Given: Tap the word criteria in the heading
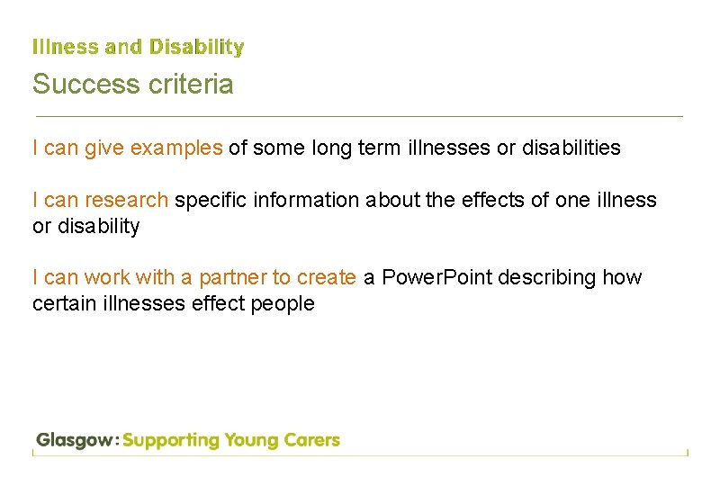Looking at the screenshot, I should pyautogui.click(x=188, y=85).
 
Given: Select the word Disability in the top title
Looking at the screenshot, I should pyautogui.click(x=197, y=47).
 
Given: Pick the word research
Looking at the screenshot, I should pyautogui.click(x=126, y=200).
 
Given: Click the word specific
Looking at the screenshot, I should pyautogui.click(x=211, y=200).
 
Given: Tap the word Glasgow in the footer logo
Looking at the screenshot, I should pyautogui.click(x=76, y=441).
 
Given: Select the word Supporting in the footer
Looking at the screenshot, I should pyautogui.click(x=171, y=441).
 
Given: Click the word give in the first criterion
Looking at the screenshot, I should pyautogui.click(x=104, y=148).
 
